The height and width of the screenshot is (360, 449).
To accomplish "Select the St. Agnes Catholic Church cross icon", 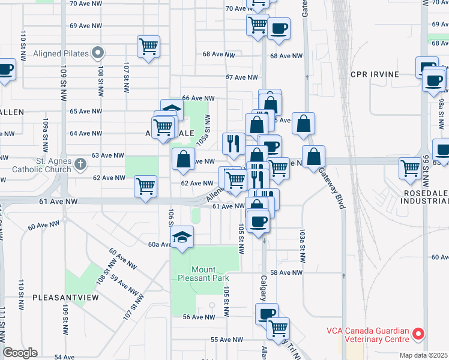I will coord(81,163).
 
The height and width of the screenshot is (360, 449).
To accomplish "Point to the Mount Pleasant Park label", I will coord(204,274).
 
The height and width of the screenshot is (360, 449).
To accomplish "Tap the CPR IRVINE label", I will coord(375,74).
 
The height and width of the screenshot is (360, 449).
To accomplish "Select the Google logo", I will coord(20,353).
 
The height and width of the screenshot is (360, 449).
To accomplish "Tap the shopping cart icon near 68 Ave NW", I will coord(148,46).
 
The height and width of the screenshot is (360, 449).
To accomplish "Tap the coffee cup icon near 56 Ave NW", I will coord(267,313).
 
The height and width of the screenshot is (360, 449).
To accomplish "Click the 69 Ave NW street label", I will coord(86,26).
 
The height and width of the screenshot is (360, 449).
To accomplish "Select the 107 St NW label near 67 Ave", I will coord(127,77).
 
